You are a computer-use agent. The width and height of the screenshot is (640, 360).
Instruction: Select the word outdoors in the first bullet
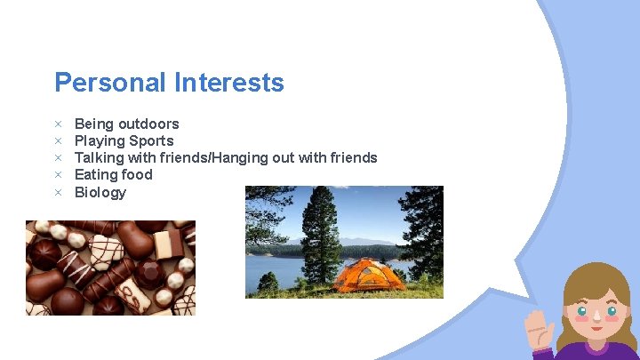point(148,124)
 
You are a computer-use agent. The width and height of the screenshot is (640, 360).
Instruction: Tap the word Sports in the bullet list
point(151,140)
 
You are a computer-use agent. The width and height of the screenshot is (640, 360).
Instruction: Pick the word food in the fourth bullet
point(138,174)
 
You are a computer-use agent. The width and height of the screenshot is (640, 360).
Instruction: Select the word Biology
point(100,192)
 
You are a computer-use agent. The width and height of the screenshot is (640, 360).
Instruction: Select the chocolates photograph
point(110,268)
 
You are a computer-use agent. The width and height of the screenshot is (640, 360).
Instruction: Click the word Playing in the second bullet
point(100,140)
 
